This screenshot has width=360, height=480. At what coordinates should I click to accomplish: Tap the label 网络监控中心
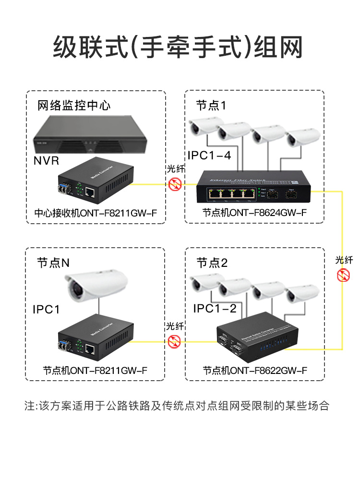point(74,105)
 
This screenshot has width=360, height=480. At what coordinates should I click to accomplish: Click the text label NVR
point(47,160)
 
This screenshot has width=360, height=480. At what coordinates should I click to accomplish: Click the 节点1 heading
point(211,105)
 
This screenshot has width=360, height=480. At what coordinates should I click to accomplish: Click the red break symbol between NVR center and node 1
point(175,183)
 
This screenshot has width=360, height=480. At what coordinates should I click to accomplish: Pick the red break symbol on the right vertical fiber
point(343,276)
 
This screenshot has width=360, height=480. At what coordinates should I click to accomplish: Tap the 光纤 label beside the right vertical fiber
point(344,260)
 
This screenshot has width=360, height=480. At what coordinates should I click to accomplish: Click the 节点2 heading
point(212,263)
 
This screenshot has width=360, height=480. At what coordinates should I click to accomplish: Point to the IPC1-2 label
point(215,309)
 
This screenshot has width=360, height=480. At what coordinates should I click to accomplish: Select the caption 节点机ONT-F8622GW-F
point(254,371)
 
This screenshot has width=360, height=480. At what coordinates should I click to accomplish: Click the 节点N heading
point(53,263)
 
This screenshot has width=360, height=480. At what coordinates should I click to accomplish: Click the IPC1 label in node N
point(46,310)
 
